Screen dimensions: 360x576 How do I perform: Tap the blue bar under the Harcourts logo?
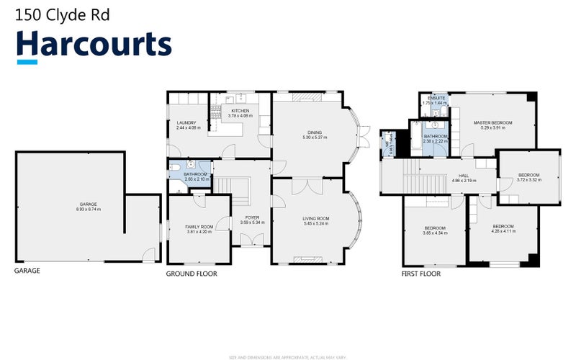[27, 63]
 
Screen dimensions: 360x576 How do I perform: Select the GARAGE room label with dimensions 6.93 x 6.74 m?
[89, 207]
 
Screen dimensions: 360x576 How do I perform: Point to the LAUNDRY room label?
[186, 125]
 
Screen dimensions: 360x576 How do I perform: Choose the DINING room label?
[315, 135]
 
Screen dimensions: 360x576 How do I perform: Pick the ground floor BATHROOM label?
[195, 177]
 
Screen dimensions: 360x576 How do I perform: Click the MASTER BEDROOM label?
[492, 125]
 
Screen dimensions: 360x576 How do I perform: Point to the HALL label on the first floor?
[464, 177]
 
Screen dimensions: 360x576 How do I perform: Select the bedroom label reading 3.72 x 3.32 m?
[529, 177]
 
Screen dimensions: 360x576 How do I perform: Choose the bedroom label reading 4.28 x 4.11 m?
[503, 228]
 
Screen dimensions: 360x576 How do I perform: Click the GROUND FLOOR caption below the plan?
[192, 274]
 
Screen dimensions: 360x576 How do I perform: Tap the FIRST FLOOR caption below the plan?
[420, 274]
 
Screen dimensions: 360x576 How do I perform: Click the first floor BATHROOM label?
[436, 139]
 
